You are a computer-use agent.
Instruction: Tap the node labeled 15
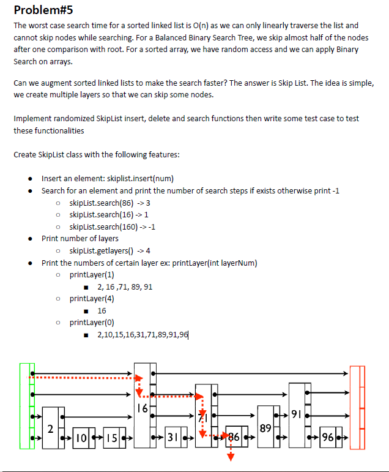[111, 438]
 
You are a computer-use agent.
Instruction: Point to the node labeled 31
[174, 438]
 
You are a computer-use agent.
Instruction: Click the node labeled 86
[233, 438]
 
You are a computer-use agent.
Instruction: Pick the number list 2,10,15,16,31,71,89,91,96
[138, 334]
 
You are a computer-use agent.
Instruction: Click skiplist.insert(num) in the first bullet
[134, 179]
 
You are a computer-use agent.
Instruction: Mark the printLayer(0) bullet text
[92, 322]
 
